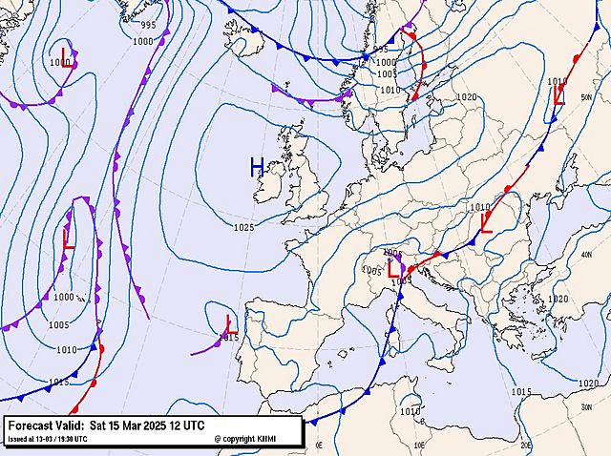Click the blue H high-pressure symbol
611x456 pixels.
tap(257, 168)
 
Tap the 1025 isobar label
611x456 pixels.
tap(243, 227)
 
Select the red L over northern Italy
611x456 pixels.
tap(393, 270)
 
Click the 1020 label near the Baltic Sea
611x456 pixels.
tap(466, 97)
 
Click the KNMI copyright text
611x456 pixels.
tap(245, 439)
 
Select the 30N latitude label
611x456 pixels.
tap(586, 405)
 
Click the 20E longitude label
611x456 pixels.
tap(526, 446)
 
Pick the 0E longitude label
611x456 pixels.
tap(320, 446)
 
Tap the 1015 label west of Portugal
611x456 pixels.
tap(228, 337)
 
